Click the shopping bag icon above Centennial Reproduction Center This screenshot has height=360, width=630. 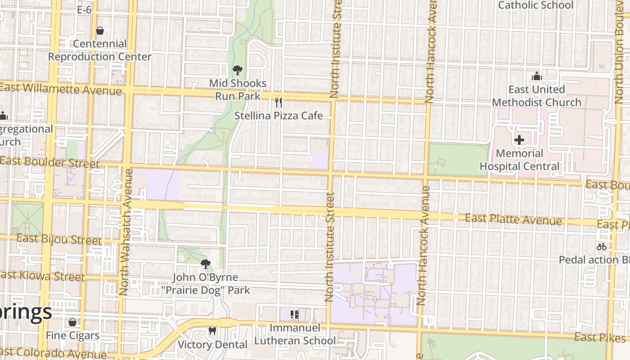[x=99, y=31]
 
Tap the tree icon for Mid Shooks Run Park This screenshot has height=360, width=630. [x=237, y=70]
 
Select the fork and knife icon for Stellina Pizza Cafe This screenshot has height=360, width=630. [x=279, y=103]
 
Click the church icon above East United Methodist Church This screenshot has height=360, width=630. [x=536, y=76]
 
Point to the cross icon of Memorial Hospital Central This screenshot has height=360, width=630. [x=519, y=140]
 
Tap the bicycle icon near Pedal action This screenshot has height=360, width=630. [x=601, y=247]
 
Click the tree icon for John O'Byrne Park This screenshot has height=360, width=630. [x=205, y=264]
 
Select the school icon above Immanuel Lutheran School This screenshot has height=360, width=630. [x=295, y=315]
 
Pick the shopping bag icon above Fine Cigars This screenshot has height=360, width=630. [x=72, y=322]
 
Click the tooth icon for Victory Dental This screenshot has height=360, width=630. [x=212, y=331]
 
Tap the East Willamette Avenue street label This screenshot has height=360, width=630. [x=61, y=89]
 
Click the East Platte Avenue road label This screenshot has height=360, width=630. [x=513, y=220]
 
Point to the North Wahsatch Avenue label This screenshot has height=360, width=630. [x=125, y=232]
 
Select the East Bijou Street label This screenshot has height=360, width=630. [x=59, y=239]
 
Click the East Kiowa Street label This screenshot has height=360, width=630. [x=43, y=276]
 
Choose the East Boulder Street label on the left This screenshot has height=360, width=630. [x=49, y=162]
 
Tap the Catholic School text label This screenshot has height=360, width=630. [x=535, y=5]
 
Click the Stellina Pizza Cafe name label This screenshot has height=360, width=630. [x=279, y=116]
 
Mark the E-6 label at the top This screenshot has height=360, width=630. [x=84, y=10]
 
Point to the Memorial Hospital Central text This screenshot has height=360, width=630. [x=519, y=160]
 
